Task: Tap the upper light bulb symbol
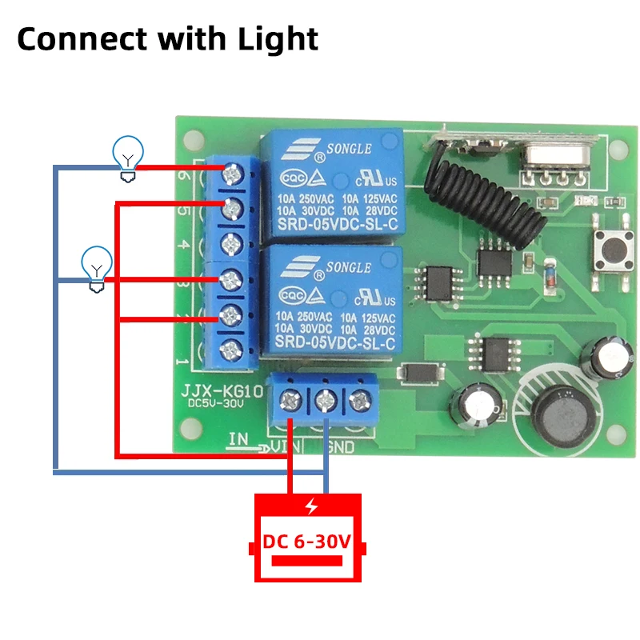point(127,154)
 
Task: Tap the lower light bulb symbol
point(97,266)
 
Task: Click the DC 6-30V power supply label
point(308,542)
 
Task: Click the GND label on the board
point(338,448)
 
